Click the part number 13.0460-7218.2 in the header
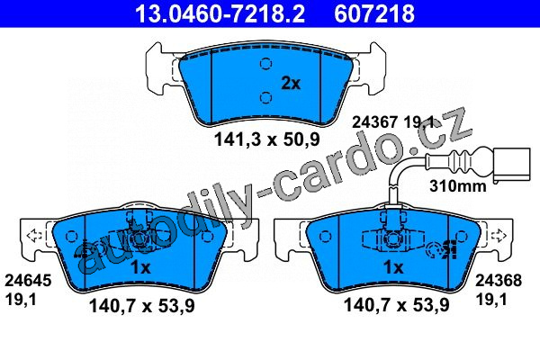pyautogui.click(x=220, y=13)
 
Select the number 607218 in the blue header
pyautogui.click(x=374, y=13)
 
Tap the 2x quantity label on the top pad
pyautogui.click(x=291, y=83)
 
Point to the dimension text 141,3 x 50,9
pyautogui.click(x=267, y=139)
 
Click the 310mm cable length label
pyautogui.click(x=458, y=186)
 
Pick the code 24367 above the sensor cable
pyautogui.click(x=374, y=122)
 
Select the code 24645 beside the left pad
pyautogui.click(x=28, y=281)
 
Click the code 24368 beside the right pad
pyautogui.click(x=499, y=281)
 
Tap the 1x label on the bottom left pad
pyautogui.click(x=141, y=267)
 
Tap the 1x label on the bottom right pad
pyautogui.click(x=393, y=267)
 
